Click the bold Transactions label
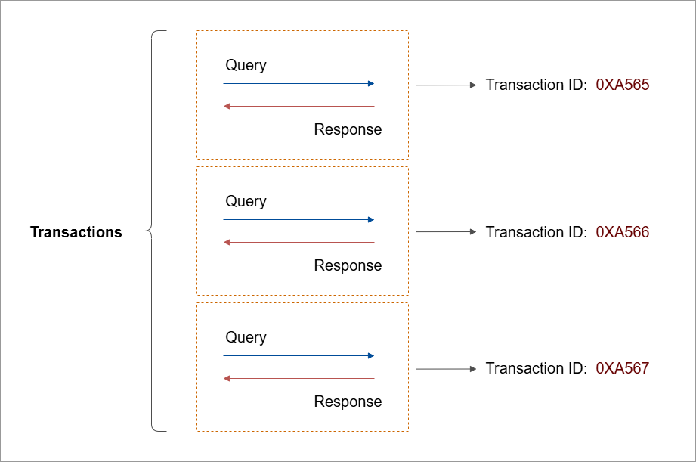pyautogui.click(x=76, y=232)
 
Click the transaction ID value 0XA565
pyautogui.click(x=622, y=85)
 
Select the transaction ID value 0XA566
pyautogui.click(x=622, y=232)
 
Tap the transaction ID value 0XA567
pyautogui.click(x=622, y=367)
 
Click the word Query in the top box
pyautogui.click(x=246, y=65)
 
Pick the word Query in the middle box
pyautogui.click(x=246, y=201)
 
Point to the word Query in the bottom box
pyautogui.click(x=246, y=337)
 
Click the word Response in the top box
pyautogui.click(x=348, y=130)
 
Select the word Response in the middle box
pyautogui.click(x=348, y=265)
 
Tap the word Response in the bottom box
pyautogui.click(x=348, y=402)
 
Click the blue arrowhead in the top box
pyautogui.click(x=372, y=83)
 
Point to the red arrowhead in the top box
pyautogui.click(x=227, y=106)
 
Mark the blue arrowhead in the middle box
pyautogui.click(x=372, y=219)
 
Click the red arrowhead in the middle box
pyautogui.click(x=227, y=242)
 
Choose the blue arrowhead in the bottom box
pyautogui.click(x=372, y=355)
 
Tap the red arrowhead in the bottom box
pyautogui.click(x=227, y=379)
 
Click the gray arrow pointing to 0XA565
pyautogui.click(x=446, y=85)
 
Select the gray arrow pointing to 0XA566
pyautogui.click(x=446, y=231)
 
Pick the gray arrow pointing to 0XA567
pyautogui.click(x=446, y=369)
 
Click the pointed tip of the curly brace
pyautogui.click(x=139, y=231)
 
